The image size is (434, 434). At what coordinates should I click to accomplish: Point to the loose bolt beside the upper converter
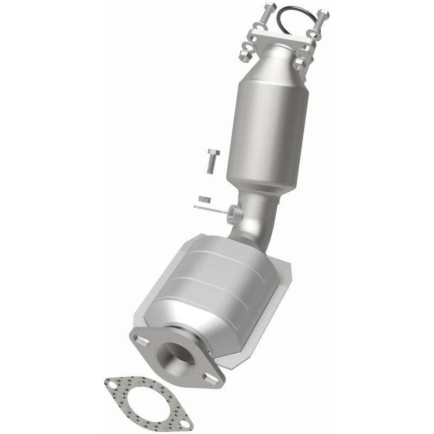click(211, 161)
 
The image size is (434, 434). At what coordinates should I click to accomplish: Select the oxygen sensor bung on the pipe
click(235, 214)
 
